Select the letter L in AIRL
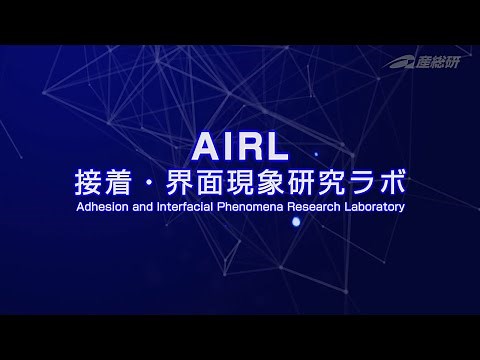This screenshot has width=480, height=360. pyautogui.click(x=276, y=148)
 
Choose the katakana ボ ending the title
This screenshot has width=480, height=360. pyautogui.click(x=392, y=184)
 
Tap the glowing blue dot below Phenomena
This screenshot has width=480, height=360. pyautogui.click(x=295, y=222)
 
